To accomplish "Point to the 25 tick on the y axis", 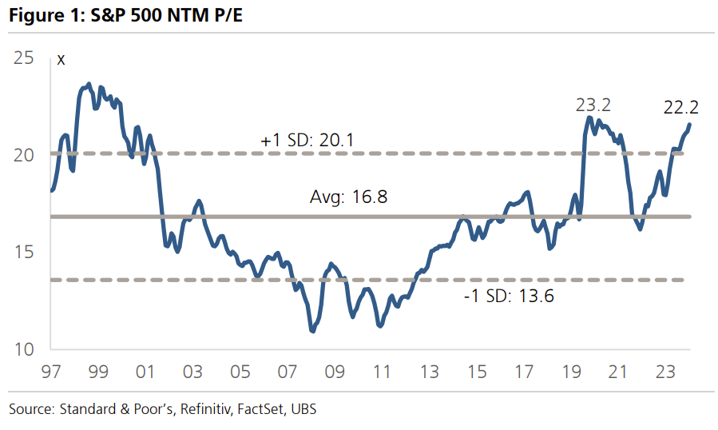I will point(24,58).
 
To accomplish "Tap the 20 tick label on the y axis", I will point(24,154).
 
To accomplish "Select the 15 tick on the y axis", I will point(24,252).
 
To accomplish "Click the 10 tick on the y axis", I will point(24,349).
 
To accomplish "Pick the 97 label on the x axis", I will point(51,372).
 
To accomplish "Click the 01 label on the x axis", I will point(145,372).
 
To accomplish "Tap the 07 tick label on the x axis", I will point(287,372).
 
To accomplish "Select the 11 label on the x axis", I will point(382,372).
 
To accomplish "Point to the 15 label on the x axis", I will point(476,372).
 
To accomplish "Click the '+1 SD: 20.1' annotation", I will point(307,141).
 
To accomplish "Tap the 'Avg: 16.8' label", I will point(348,197).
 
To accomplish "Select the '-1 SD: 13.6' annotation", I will point(509,297).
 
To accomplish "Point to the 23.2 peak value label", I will point(593,106).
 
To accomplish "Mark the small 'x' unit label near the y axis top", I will point(61,60).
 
